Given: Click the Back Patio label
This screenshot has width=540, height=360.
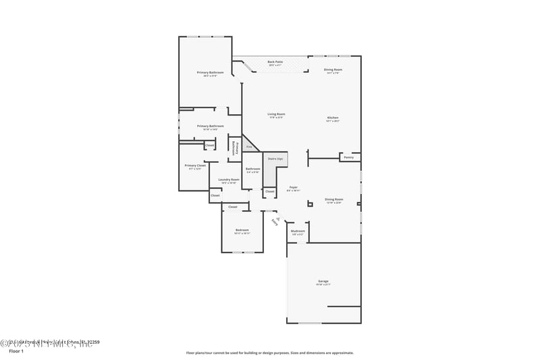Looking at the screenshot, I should (275, 61).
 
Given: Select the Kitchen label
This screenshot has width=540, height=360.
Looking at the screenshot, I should (333, 118).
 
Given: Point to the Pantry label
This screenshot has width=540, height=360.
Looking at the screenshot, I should (348, 157).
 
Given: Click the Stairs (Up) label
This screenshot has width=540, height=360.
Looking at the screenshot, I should (275, 158).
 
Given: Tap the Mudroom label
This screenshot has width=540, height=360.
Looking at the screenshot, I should (298, 231).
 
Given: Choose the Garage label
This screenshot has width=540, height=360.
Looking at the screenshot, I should (323, 281).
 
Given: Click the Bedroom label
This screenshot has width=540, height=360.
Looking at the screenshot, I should (242, 230).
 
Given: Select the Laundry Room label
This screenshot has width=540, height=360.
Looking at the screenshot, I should (228, 180).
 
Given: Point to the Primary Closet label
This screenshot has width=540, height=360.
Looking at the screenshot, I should (194, 165).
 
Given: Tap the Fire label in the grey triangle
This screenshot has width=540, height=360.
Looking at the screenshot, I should (249, 147).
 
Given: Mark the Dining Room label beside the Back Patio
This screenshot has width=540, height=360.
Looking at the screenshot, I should (333, 70).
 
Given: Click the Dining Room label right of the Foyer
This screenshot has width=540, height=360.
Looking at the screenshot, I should (333, 199).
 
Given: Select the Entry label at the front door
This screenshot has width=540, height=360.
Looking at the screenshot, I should (274, 220).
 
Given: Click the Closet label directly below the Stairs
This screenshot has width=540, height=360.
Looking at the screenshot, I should (269, 192).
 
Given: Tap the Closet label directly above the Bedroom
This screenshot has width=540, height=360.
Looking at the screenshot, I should (233, 207).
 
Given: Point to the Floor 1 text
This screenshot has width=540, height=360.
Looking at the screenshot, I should (16, 351).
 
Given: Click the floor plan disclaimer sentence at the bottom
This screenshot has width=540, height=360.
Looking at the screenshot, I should (269, 353).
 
